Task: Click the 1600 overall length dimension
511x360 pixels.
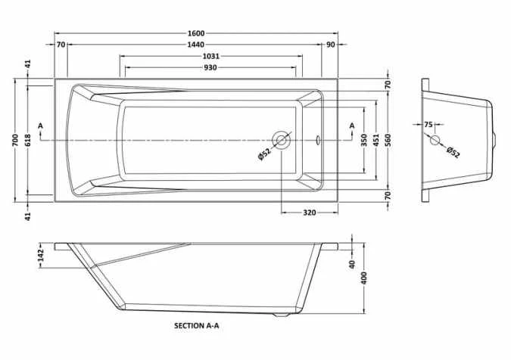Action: pos(196,33)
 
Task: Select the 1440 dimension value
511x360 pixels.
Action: pos(196,45)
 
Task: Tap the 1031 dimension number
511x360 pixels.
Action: pos(211,56)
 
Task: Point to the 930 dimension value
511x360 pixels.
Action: pos(210,68)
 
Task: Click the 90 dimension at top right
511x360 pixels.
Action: pos(331,45)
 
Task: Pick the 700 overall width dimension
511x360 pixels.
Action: pos(16,140)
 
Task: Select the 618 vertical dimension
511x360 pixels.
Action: pos(28,140)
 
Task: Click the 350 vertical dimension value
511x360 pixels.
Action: pos(364,140)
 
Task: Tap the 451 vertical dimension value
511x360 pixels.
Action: pos(376,140)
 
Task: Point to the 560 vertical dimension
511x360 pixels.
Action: pos(388,140)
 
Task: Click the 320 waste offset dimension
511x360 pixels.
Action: pos(310,213)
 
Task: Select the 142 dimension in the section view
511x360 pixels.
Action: pos(41,256)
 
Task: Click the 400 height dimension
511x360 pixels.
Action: pos(364,278)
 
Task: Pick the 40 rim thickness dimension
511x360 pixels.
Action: pos(352,264)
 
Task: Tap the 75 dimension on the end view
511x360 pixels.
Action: pos(428,125)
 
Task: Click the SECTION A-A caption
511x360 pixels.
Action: pos(197,325)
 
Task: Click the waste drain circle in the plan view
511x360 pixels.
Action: pos(282,140)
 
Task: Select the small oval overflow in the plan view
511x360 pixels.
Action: pos(318,140)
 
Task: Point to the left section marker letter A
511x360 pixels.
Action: pos(40,126)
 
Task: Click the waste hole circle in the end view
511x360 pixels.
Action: pos(435,140)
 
